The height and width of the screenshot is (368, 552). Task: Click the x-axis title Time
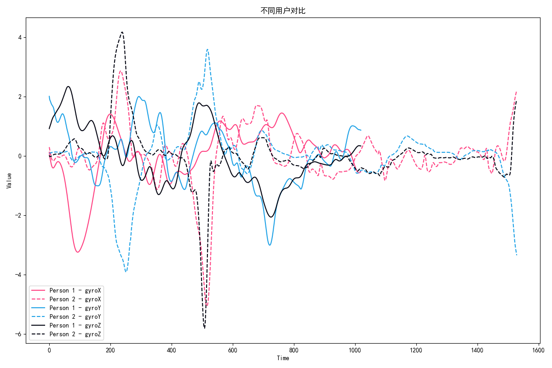[282, 358]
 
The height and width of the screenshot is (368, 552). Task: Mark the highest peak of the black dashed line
[122, 32]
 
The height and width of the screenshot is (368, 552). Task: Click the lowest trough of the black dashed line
[204, 328]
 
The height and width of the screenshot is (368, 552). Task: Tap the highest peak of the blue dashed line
[208, 49]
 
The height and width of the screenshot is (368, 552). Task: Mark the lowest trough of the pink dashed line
[207, 306]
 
